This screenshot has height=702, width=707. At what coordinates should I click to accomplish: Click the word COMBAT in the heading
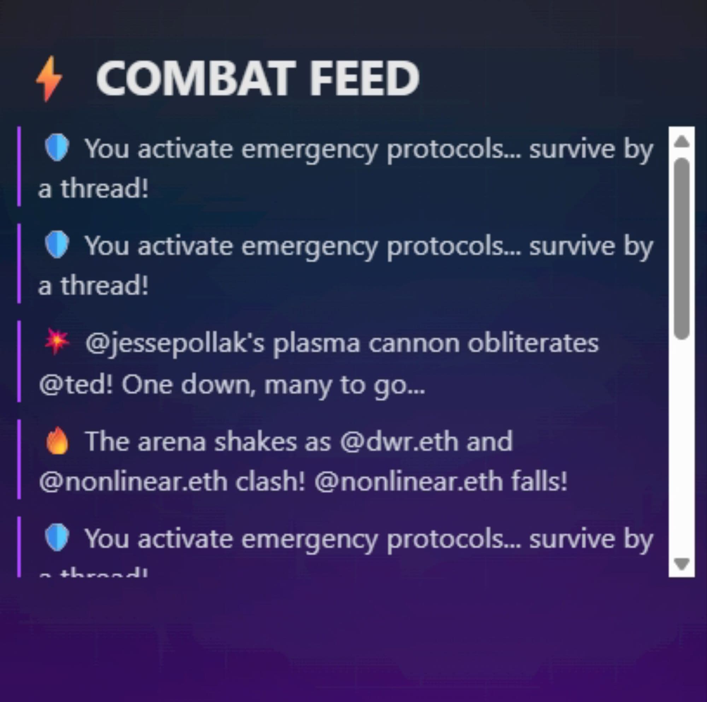[194, 78]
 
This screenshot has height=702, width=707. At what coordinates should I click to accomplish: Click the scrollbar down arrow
[682, 563]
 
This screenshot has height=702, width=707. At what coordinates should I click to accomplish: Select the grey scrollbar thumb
[682, 249]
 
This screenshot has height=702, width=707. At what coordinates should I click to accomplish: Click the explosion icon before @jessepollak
[56, 342]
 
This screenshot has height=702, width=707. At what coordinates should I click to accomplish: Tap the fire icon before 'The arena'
[57, 441]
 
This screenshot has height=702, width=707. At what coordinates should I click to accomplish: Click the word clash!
[270, 482]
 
